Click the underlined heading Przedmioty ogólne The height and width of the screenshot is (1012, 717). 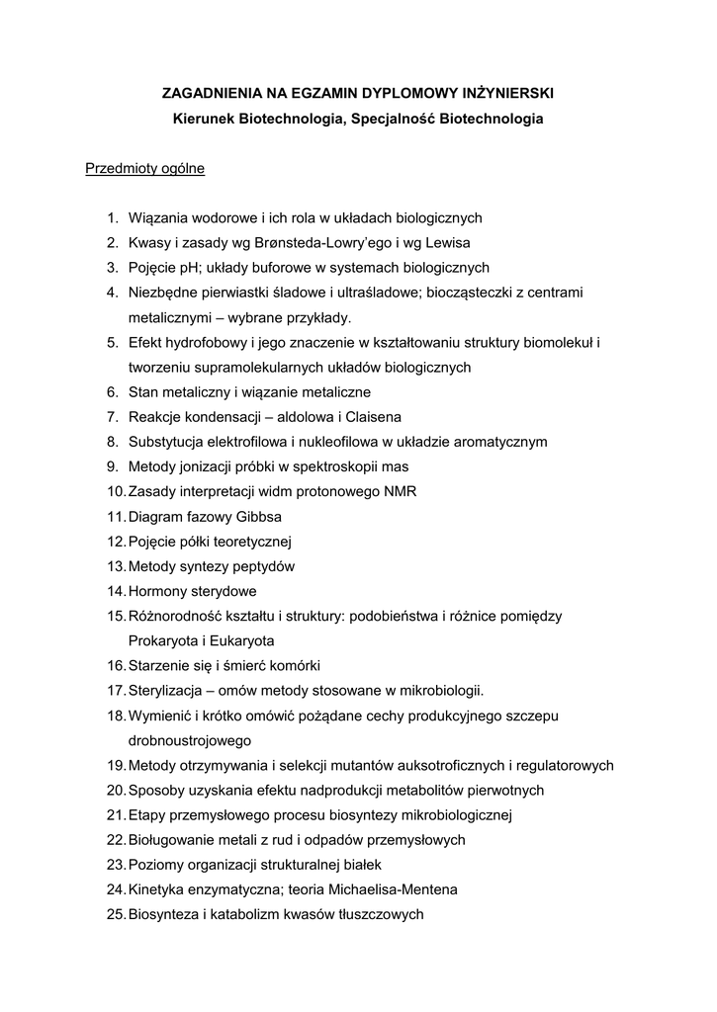pos(145,169)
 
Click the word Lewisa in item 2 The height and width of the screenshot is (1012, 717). pos(449,242)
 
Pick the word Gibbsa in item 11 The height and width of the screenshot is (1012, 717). pos(257,517)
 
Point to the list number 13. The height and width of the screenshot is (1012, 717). pos(114,566)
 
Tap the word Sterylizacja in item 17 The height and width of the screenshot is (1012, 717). pos(166,691)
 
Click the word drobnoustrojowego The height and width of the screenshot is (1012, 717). pos(190,740)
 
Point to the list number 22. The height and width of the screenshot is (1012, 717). pos(114,840)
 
